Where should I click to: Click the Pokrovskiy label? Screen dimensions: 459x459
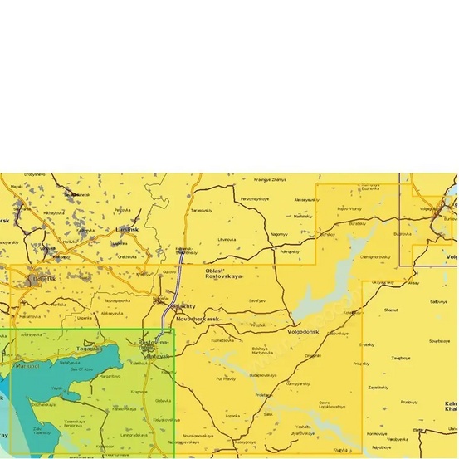(290, 251)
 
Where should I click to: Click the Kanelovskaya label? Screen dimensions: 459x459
(125, 408)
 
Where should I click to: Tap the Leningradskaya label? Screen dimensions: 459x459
(135, 434)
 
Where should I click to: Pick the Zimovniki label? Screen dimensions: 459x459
(313, 355)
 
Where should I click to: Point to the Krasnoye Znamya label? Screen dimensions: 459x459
(270, 180)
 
